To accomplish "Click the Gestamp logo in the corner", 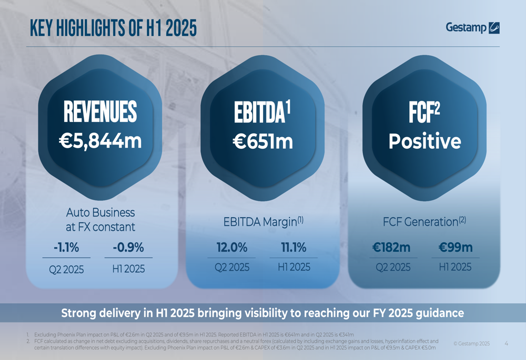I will [x=472, y=27].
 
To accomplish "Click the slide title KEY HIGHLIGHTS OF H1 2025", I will [x=113, y=27].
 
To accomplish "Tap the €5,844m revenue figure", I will [x=100, y=141].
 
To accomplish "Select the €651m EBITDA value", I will [x=263, y=141].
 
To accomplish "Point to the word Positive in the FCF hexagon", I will [x=424, y=141].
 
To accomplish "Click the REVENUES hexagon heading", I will [x=100, y=111].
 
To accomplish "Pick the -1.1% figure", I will [x=66, y=248].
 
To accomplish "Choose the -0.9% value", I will [x=128, y=248].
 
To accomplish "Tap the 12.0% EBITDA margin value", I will [x=231, y=248].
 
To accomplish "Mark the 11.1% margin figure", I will [x=294, y=248].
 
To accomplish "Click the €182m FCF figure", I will [x=393, y=248].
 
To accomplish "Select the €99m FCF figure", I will [x=455, y=248].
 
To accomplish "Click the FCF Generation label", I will [x=424, y=222].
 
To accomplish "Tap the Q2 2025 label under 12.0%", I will [x=231, y=267].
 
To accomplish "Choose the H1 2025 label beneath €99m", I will [x=455, y=267].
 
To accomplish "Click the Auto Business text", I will [x=100, y=213].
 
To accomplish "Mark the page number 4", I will [x=506, y=343].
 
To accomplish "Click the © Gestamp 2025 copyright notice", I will [x=471, y=344].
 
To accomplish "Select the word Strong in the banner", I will [x=79, y=314].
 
